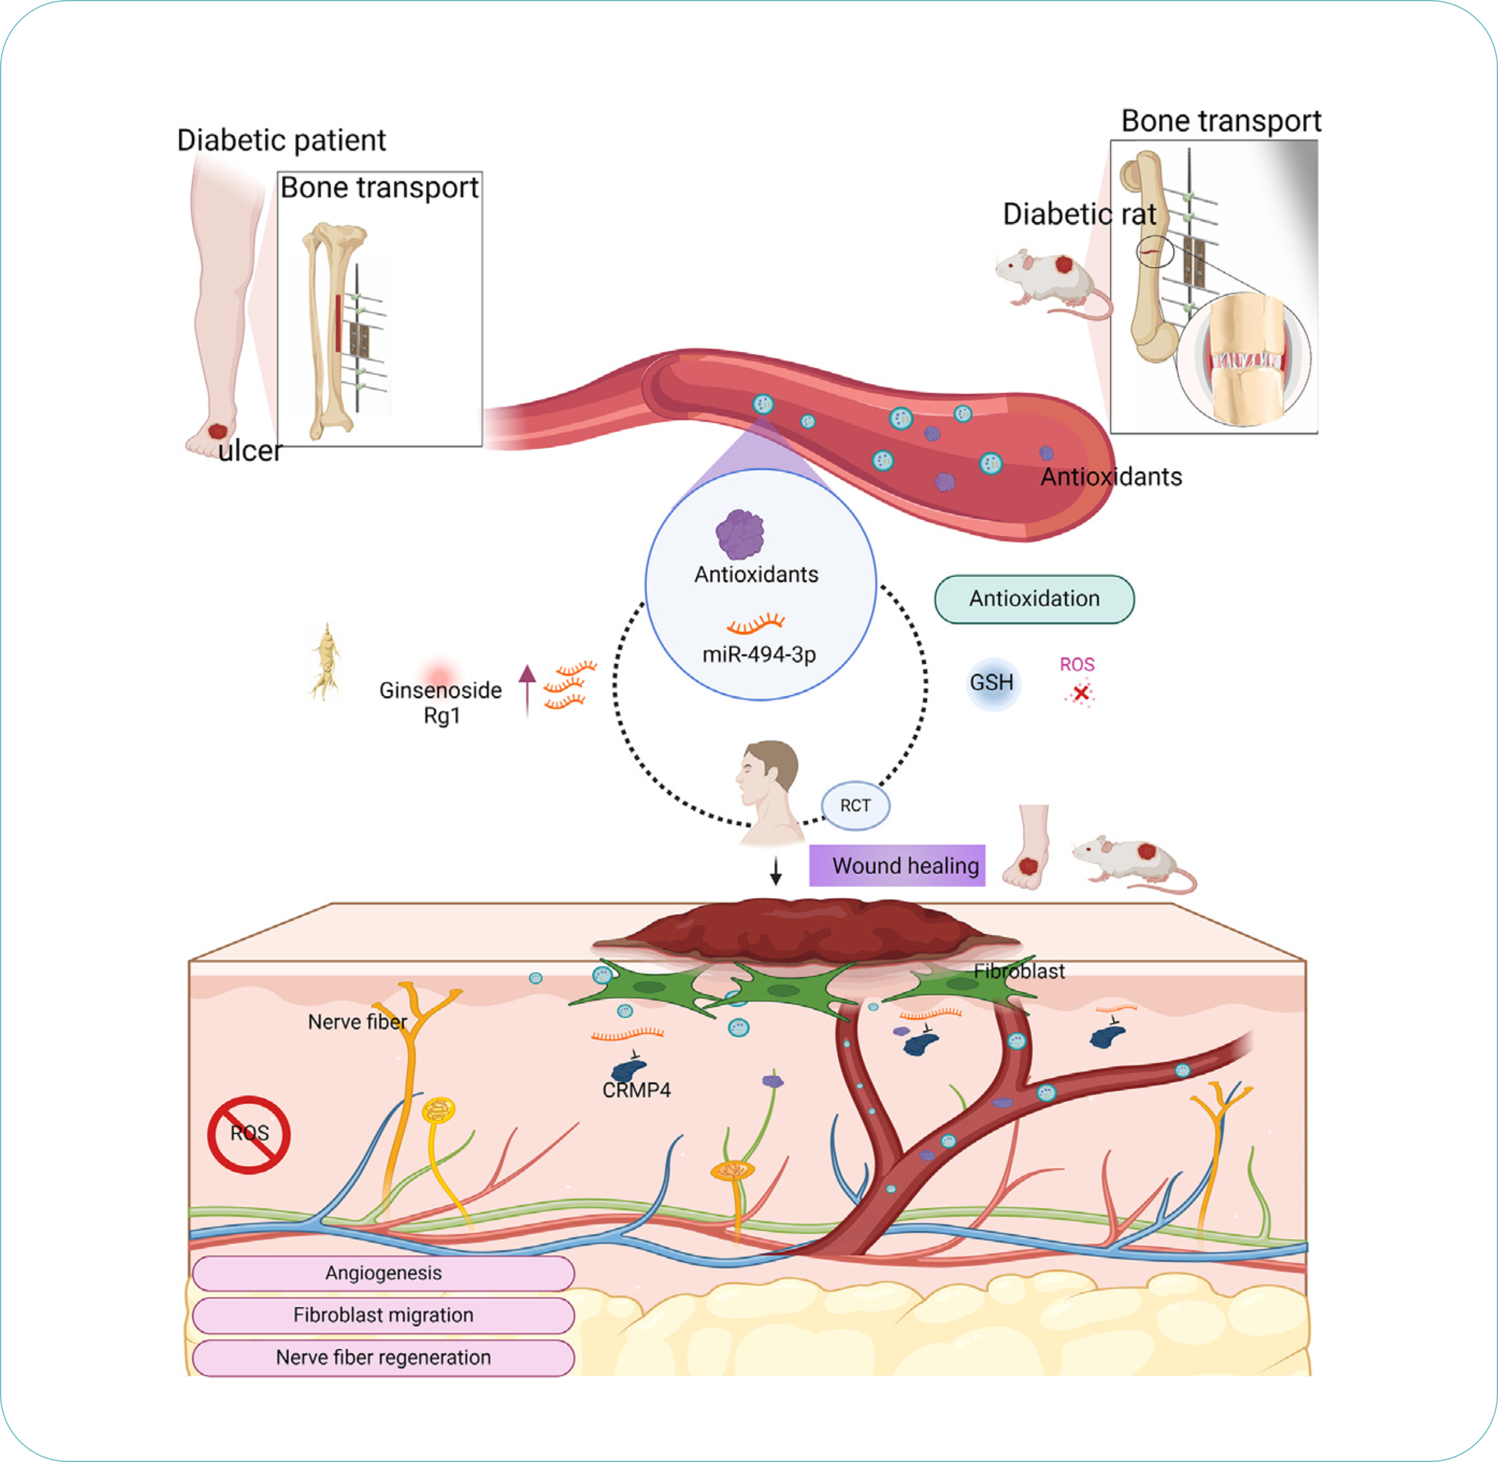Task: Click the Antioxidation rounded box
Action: [1034, 599]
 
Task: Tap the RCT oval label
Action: [855, 806]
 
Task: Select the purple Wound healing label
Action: [897, 865]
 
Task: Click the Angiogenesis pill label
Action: [383, 1273]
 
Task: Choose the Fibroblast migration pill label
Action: [383, 1315]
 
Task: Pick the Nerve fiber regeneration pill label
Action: [383, 1358]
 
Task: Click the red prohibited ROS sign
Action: [248, 1134]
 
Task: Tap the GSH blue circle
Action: [992, 683]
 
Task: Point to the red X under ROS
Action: [1080, 694]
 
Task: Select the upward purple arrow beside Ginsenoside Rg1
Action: [527, 689]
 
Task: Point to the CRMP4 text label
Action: [636, 1091]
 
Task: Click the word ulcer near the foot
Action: [250, 451]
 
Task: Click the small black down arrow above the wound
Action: [776, 871]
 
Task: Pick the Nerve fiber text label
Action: [357, 1022]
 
